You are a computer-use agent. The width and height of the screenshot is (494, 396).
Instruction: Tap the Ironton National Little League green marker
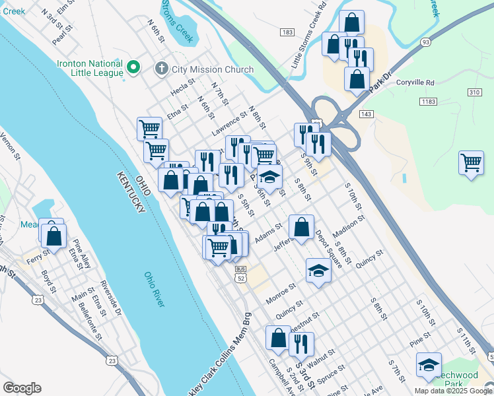pos(133,67)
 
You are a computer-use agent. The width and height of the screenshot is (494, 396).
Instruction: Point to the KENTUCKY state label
pos(131,192)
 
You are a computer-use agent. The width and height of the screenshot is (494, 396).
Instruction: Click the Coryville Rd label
pos(415,82)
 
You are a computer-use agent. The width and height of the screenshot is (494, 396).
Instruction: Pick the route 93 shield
pos(425,42)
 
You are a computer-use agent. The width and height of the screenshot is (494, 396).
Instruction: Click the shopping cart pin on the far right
pos(471,162)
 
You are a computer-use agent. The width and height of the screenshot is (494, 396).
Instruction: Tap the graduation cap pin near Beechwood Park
pos(429,364)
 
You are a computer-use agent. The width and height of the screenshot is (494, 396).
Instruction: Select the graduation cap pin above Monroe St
pos(318,270)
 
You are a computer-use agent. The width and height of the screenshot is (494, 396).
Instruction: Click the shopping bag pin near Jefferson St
pos(301,228)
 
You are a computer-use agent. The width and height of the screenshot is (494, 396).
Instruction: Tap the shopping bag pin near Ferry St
pos(55,235)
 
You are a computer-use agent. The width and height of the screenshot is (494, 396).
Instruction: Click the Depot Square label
pos(328,248)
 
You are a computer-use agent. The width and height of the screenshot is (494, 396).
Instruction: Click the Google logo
pos(22,388)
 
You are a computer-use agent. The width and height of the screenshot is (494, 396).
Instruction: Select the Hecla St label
pos(182,87)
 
